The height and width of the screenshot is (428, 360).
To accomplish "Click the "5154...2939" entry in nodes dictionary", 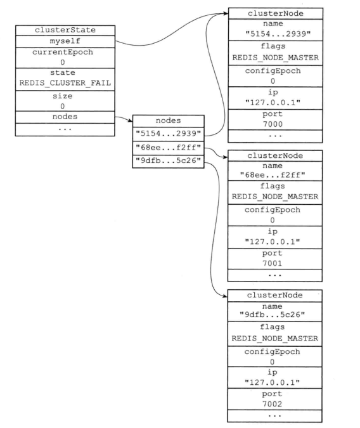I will click(x=168, y=134).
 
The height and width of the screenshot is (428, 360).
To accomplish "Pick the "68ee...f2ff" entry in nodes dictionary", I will click(x=168, y=147).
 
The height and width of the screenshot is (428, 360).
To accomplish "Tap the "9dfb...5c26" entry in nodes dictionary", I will click(x=168, y=160).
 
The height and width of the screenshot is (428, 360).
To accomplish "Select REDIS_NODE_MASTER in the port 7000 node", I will click(x=275, y=58).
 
